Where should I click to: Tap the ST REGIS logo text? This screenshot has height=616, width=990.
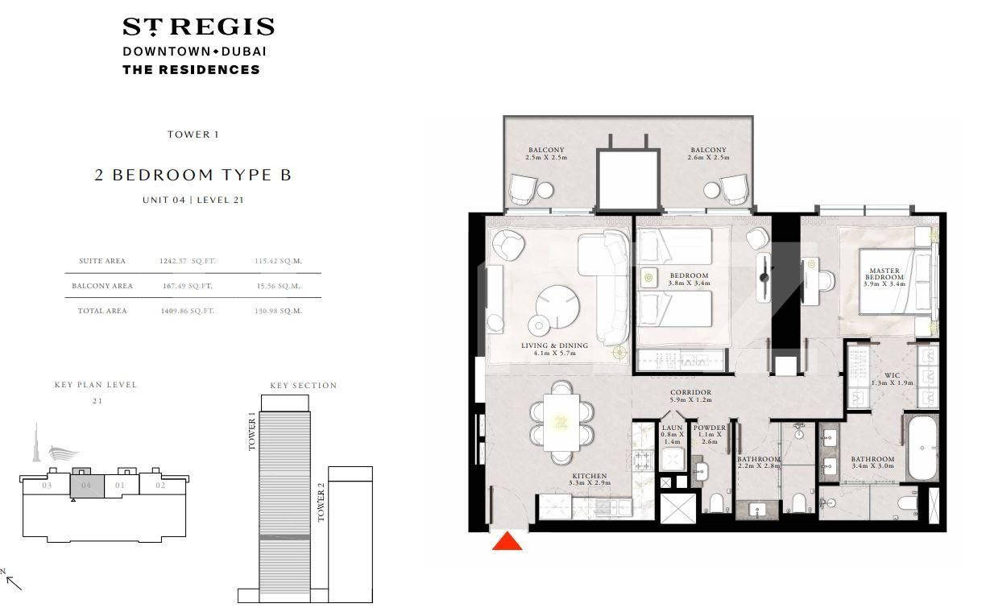click(x=198, y=27)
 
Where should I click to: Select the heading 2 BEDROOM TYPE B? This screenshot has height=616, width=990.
click(x=193, y=175)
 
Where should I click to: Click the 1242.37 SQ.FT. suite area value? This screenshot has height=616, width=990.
click(x=186, y=261)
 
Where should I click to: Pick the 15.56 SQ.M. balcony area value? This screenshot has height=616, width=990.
click(x=277, y=286)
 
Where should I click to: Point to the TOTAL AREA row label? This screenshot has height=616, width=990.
click(x=101, y=311)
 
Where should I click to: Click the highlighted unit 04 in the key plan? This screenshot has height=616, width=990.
click(x=86, y=486)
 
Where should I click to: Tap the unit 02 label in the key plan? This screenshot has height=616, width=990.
click(x=160, y=486)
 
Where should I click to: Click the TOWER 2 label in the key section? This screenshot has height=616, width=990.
click(x=321, y=503)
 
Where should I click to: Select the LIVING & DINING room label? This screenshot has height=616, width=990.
click(x=554, y=349)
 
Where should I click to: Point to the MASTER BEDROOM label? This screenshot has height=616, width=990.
click(x=884, y=277)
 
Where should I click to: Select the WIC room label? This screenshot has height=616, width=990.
click(x=892, y=378)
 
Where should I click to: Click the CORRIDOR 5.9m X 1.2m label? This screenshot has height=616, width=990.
click(x=690, y=396)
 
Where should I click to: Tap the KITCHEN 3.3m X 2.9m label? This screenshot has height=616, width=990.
click(x=589, y=480)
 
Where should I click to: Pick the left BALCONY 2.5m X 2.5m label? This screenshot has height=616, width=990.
click(x=546, y=154)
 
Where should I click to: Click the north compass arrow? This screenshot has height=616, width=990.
click(x=13, y=581)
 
